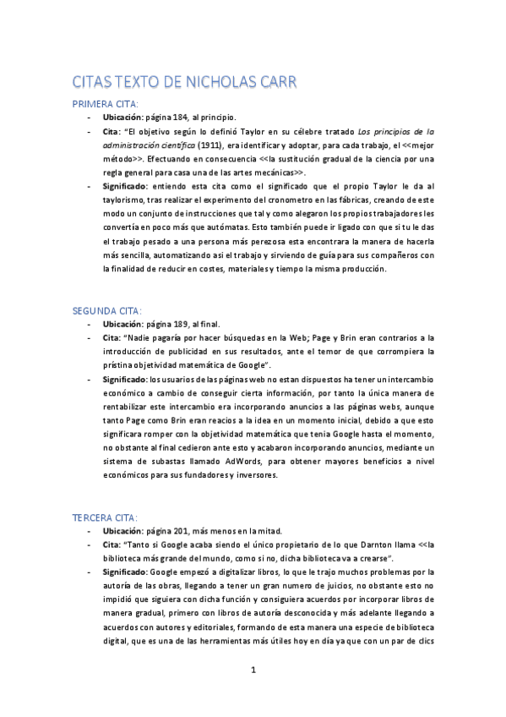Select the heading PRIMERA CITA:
point(106,104)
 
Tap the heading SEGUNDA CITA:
point(107,310)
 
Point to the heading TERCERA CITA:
point(106,517)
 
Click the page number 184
point(178,118)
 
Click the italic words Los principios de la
point(396,132)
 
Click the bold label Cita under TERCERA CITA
point(112,545)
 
